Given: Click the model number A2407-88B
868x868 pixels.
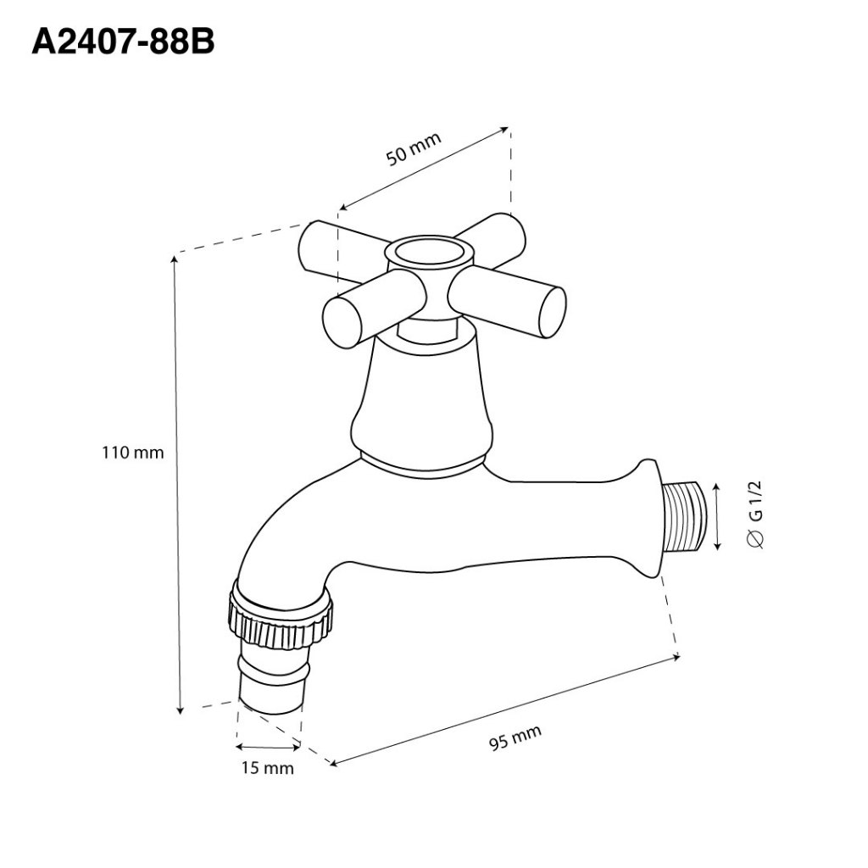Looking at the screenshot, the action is tap(123, 42).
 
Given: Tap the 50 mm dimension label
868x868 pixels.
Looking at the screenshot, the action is tap(414, 148).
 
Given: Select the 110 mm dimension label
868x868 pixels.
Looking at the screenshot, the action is tap(133, 453).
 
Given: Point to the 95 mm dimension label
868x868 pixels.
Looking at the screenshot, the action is tap(515, 737).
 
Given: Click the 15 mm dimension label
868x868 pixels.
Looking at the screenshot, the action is tap(267, 768).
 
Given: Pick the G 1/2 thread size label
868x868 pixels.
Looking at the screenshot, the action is tap(755, 515).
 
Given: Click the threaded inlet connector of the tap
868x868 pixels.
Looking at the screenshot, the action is tap(683, 517).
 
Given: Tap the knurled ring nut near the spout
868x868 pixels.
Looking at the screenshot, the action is tap(280, 618).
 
